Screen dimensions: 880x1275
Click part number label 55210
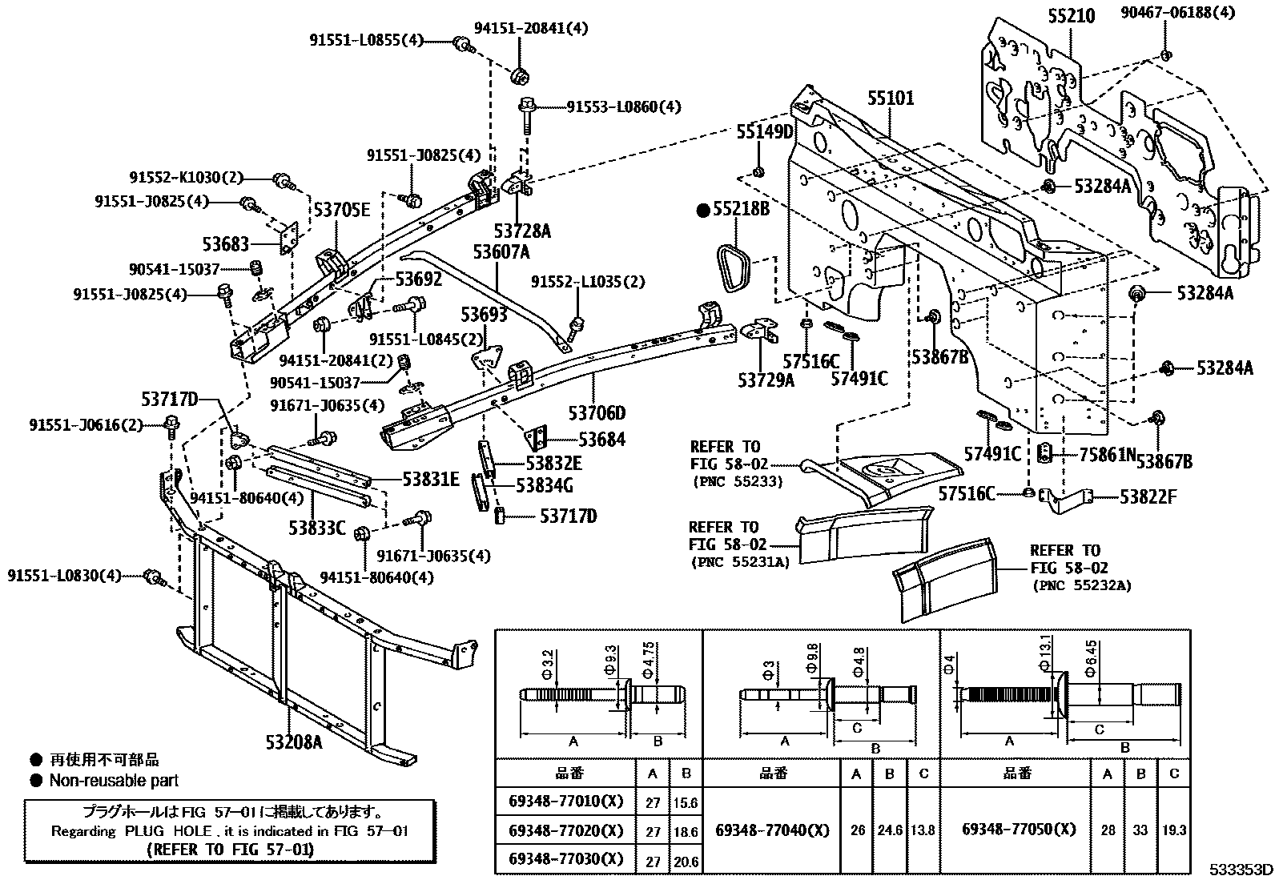coord(1071,16)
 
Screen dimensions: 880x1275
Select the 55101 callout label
coord(890,98)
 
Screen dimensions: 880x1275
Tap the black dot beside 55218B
coord(704,211)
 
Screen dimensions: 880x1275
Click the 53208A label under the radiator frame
coord(294,741)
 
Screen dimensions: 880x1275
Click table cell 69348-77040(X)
coord(771,830)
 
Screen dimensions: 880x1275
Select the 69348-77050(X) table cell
coord(1019,829)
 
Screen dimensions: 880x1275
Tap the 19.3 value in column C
coord(1173,831)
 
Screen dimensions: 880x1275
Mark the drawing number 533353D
coord(1241,870)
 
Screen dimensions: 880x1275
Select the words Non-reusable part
coord(114,780)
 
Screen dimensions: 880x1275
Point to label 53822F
coord(1148,496)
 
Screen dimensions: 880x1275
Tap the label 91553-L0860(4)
coord(624,106)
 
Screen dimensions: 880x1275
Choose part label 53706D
coord(597,413)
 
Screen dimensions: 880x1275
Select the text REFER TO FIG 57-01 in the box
coord(230,849)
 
